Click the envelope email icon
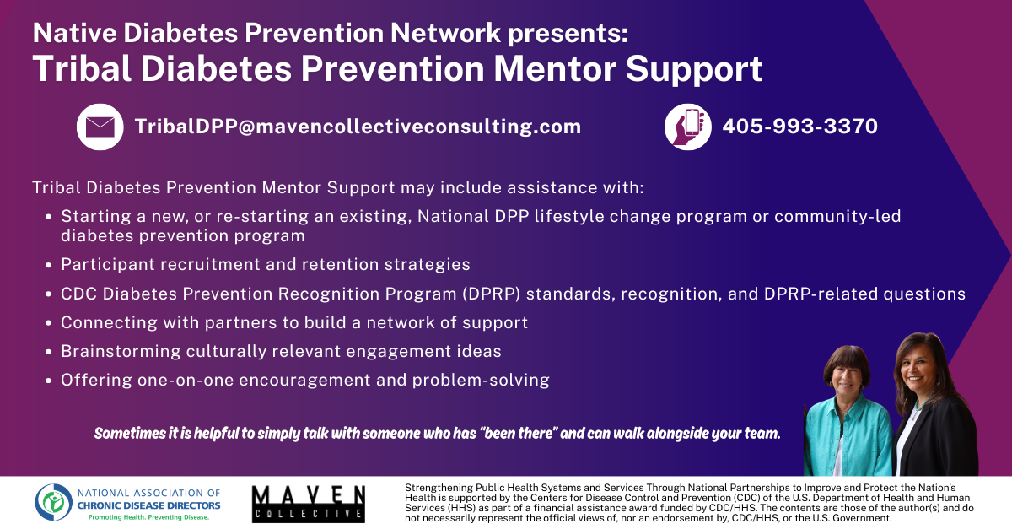click(x=100, y=127)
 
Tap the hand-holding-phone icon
click(x=687, y=127)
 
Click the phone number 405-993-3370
click(x=800, y=127)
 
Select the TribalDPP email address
click(x=358, y=127)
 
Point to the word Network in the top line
click(x=445, y=33)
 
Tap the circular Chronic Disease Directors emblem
click(x=54, y=502)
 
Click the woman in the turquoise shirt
click(x=848, y=412)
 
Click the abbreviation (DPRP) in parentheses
click(x=491, y=294)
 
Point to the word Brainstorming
click(x=121, y=351)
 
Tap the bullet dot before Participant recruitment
click(x=49, y=266)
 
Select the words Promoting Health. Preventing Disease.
click(x=148, y=517)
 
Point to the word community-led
click(x=837, y=217)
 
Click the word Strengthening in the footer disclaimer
click(x=433, y=488)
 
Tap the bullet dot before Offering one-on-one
click(x=49, y=381)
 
